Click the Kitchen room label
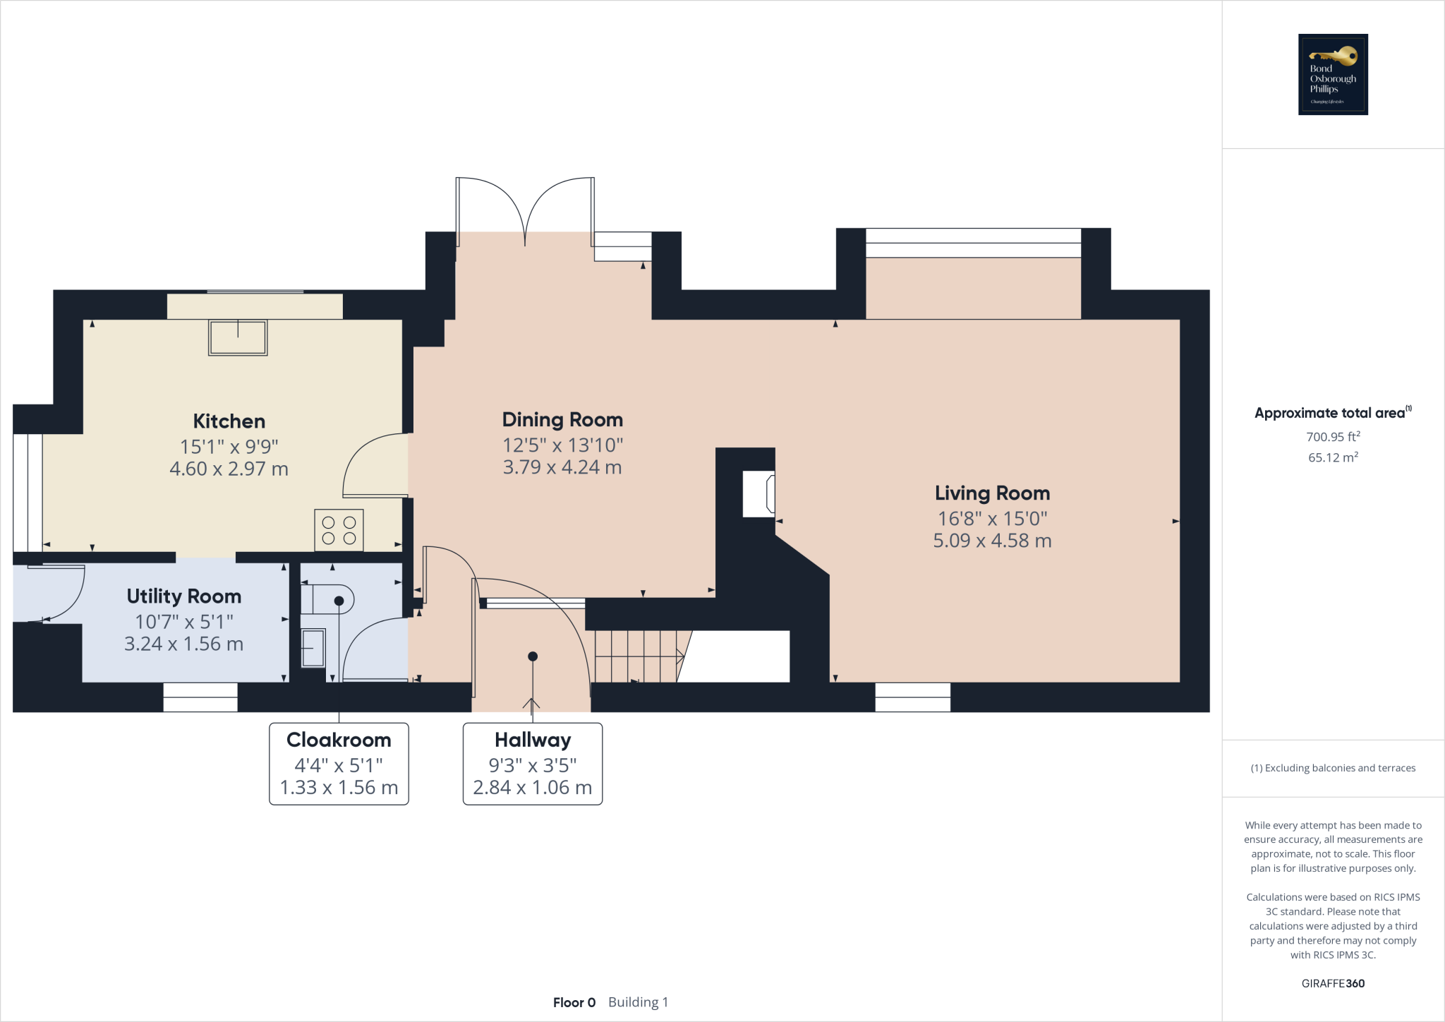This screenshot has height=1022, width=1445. point(229,421)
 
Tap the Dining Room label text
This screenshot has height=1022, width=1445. point(562,420)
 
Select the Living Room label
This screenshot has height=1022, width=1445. point(992,493)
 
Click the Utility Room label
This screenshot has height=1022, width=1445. point(184,596)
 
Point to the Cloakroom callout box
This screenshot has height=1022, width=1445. point(339,764)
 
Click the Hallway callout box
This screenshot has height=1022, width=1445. point(533,764)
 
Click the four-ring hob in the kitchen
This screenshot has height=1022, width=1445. point(339,530)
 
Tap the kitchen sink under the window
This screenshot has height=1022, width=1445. point(238,337)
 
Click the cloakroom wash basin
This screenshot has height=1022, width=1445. point(313,648)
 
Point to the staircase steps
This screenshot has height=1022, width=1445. point(635,656)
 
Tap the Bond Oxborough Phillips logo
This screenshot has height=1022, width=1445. point(1333,74)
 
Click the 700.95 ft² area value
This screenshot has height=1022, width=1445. point(1333,437)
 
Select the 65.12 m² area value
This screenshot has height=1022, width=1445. point(1333,457)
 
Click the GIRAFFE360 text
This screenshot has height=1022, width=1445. point(1333,983)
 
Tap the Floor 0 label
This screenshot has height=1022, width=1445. point(574,1002)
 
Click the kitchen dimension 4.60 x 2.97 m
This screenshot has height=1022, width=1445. point(229,469)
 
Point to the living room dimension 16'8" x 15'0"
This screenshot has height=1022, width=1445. point(992,519)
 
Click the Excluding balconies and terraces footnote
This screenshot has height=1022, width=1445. point(1333,768)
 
